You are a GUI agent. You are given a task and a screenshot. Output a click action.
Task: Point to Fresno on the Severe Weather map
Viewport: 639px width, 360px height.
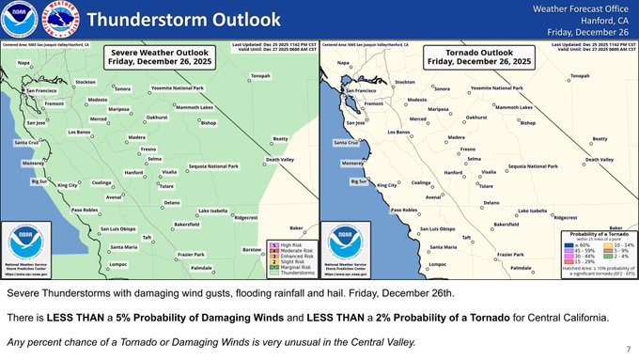[x=148, y=149]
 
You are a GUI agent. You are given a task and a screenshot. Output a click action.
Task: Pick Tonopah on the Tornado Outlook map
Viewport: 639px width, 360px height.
[x=580, y=75]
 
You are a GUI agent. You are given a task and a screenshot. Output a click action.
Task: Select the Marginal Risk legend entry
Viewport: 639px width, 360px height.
[x=297, y=266]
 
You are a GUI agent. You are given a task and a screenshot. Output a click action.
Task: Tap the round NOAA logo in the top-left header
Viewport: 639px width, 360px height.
[x=19, y=20]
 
